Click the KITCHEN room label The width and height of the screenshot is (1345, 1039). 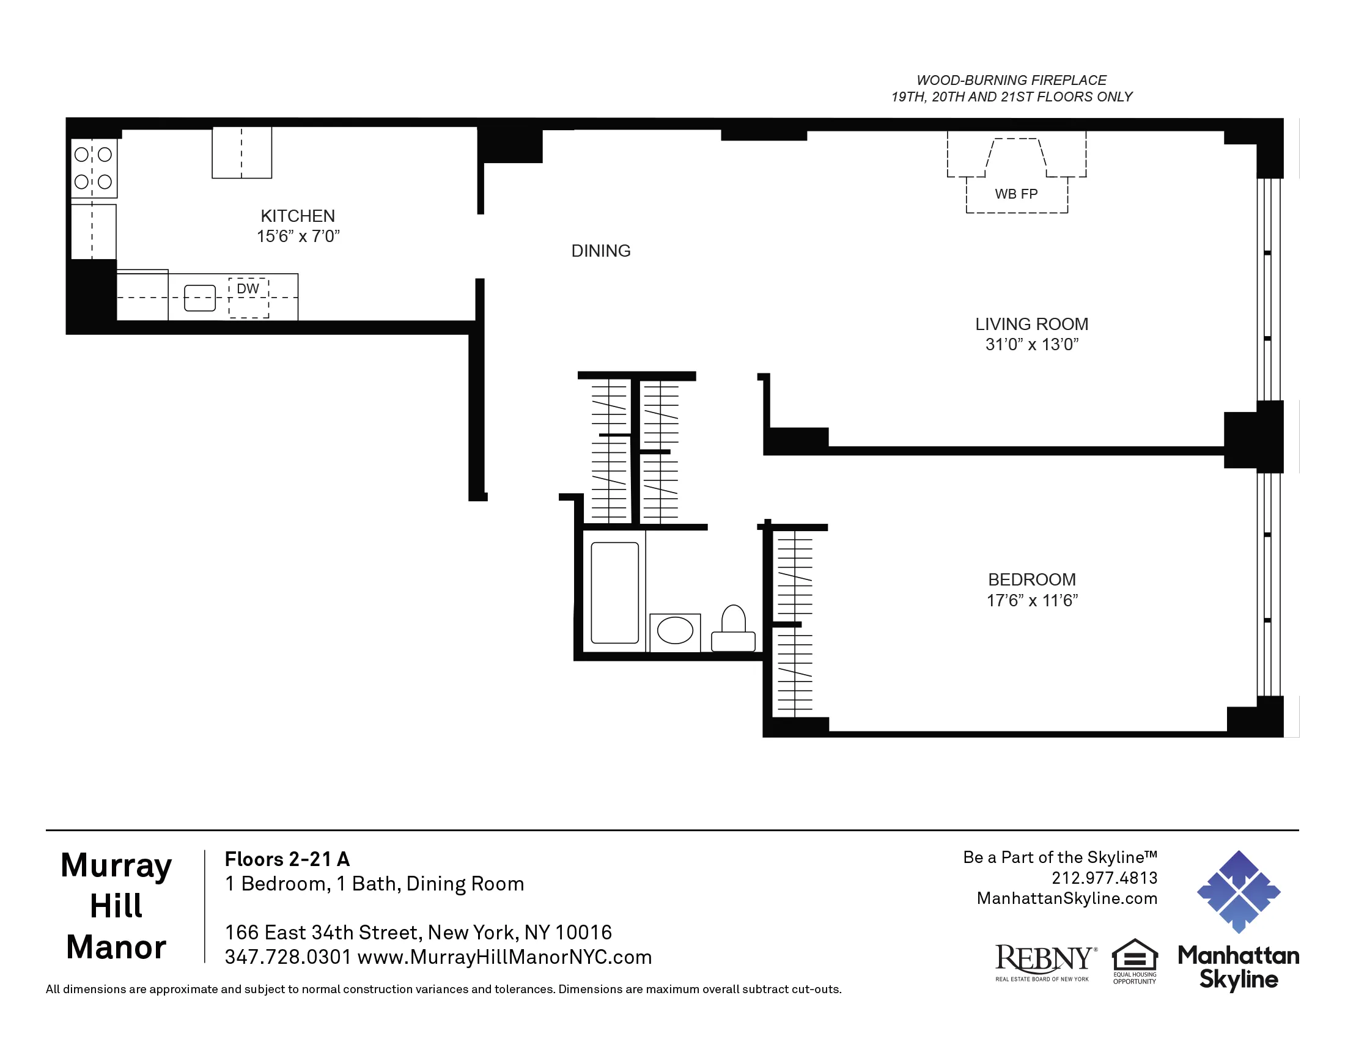(298, 216)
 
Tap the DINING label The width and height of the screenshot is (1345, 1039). (600, 251)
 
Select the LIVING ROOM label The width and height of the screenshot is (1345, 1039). (1031, 325)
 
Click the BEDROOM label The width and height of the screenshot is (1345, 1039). (1031, 580)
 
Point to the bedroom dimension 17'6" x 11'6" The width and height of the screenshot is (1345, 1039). (1032, 601)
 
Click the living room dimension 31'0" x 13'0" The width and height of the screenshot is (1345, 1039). (1031, 345)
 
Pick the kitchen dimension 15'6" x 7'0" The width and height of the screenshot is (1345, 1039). (298, 237)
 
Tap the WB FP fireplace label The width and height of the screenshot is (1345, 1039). (1016, 194)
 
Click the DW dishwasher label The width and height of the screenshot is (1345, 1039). (248, 288)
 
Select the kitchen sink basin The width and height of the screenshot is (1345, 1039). (200, 298)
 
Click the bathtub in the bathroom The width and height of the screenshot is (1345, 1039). (614, 592)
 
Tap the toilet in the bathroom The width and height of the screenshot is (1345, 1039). (733, 629)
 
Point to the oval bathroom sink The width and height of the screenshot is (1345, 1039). (675, 631)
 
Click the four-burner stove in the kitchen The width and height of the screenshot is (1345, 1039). (94, 168)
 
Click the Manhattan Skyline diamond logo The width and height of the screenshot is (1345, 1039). (1238, 891)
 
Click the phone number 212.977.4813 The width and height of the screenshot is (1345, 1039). (1104, 878)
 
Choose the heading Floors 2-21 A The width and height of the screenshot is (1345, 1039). (287, 859)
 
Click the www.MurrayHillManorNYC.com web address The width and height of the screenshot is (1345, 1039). (504, 957)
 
